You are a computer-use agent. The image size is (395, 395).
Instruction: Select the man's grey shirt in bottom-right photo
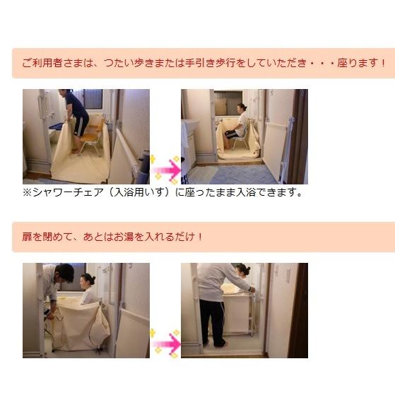[x=223, y=283]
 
